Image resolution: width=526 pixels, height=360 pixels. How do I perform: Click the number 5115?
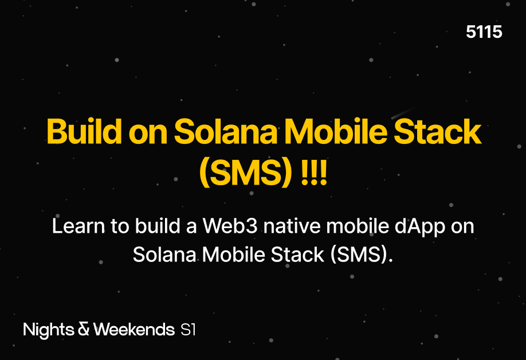[x=484, y=32]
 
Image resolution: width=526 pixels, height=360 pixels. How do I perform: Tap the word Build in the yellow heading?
[x=84, y=131]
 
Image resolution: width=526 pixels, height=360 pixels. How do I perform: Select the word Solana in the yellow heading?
[x=225, y=131]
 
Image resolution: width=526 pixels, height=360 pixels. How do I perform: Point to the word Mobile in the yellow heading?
[x=335, y=131]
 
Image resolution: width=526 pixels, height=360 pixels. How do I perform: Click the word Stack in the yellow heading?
[x=438, y=131]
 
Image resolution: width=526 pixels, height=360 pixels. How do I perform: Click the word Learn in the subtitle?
[x=78, y=226]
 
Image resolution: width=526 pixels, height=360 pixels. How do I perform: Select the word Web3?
[x=230, y=226]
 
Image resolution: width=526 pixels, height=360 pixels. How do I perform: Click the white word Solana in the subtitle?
[x=164, y=255]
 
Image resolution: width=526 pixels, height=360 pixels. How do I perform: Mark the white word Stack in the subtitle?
[x=297, y=255]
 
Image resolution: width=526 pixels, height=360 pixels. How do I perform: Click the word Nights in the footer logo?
[x=49, y=330]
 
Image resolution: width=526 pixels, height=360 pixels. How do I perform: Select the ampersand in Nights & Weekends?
[x=84, y=329]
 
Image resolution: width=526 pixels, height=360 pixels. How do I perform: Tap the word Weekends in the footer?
[x=134, y=329]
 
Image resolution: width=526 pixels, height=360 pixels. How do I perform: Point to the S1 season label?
[x=188, y=330]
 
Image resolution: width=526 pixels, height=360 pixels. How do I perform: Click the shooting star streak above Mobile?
[x=403, y=113]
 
